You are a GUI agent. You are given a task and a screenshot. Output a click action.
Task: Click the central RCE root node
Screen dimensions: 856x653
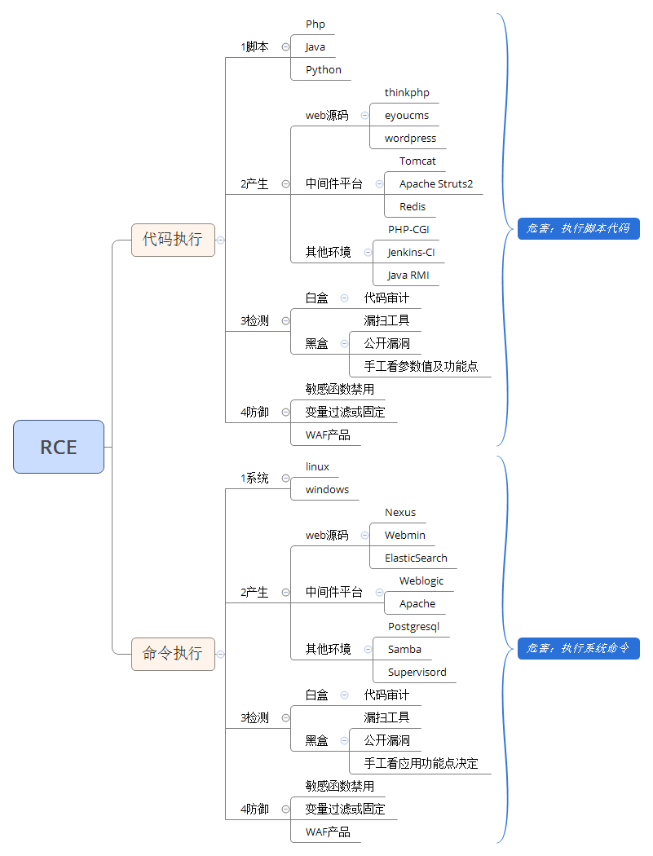[59, 447]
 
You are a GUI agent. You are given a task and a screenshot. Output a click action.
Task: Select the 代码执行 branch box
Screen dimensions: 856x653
[173, 240]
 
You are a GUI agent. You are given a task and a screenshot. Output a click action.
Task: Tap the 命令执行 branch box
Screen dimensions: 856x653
[173, 654]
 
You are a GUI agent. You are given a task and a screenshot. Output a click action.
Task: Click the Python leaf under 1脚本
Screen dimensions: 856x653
[324, 70]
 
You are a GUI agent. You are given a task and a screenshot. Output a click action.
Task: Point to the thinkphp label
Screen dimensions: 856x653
[407, 93]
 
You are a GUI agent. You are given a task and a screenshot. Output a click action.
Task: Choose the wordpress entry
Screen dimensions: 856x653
[410, 139]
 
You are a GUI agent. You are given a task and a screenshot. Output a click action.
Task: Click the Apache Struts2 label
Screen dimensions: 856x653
[436, 184]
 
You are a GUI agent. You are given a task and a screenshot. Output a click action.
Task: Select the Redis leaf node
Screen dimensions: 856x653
[413, 207]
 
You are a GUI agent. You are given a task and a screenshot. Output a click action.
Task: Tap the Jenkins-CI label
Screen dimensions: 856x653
[411, 253]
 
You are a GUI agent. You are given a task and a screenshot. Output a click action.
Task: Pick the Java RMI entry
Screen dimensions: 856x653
[408, 276]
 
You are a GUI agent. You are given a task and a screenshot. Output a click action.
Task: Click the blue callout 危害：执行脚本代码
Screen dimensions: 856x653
[578, 229]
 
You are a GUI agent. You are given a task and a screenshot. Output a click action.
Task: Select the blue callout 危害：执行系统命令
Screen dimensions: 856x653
[578, 649]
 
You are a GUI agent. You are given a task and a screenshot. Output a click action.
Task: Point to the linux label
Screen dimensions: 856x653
[317, 467]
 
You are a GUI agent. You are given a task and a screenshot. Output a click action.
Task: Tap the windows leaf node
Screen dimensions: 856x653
[327, 490]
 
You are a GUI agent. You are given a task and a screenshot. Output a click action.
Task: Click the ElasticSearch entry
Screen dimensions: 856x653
[416, 558]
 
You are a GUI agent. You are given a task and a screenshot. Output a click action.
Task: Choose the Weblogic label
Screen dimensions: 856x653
[421, 581]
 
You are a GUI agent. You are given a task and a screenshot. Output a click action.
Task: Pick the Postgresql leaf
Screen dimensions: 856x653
[413, 627]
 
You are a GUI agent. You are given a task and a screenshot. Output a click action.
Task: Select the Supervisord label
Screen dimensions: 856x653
[417, 673]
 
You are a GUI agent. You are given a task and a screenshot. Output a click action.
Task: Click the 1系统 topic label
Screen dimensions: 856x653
[254, 479]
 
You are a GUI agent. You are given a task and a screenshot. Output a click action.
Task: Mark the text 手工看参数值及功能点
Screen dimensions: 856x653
[421, 367]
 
